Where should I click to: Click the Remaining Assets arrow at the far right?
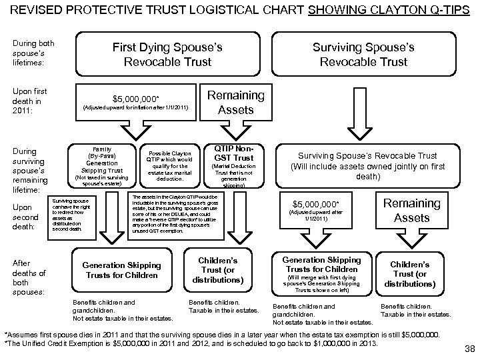[x=407, y=210]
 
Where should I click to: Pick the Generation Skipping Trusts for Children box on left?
[x=121, y=270]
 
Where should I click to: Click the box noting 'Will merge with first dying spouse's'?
[x=322, y=273]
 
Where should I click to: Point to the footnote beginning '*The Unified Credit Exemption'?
[x=191, y=343]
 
